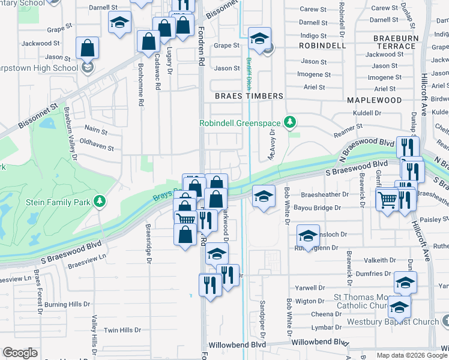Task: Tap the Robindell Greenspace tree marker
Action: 291,123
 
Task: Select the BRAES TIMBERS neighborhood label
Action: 249,96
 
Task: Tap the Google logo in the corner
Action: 20,353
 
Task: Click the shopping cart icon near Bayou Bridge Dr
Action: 387,199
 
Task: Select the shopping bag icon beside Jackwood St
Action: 88,48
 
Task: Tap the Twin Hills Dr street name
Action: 122,330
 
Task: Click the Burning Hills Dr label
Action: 70,304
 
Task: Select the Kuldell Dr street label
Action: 367,113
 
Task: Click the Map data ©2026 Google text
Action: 411,355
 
